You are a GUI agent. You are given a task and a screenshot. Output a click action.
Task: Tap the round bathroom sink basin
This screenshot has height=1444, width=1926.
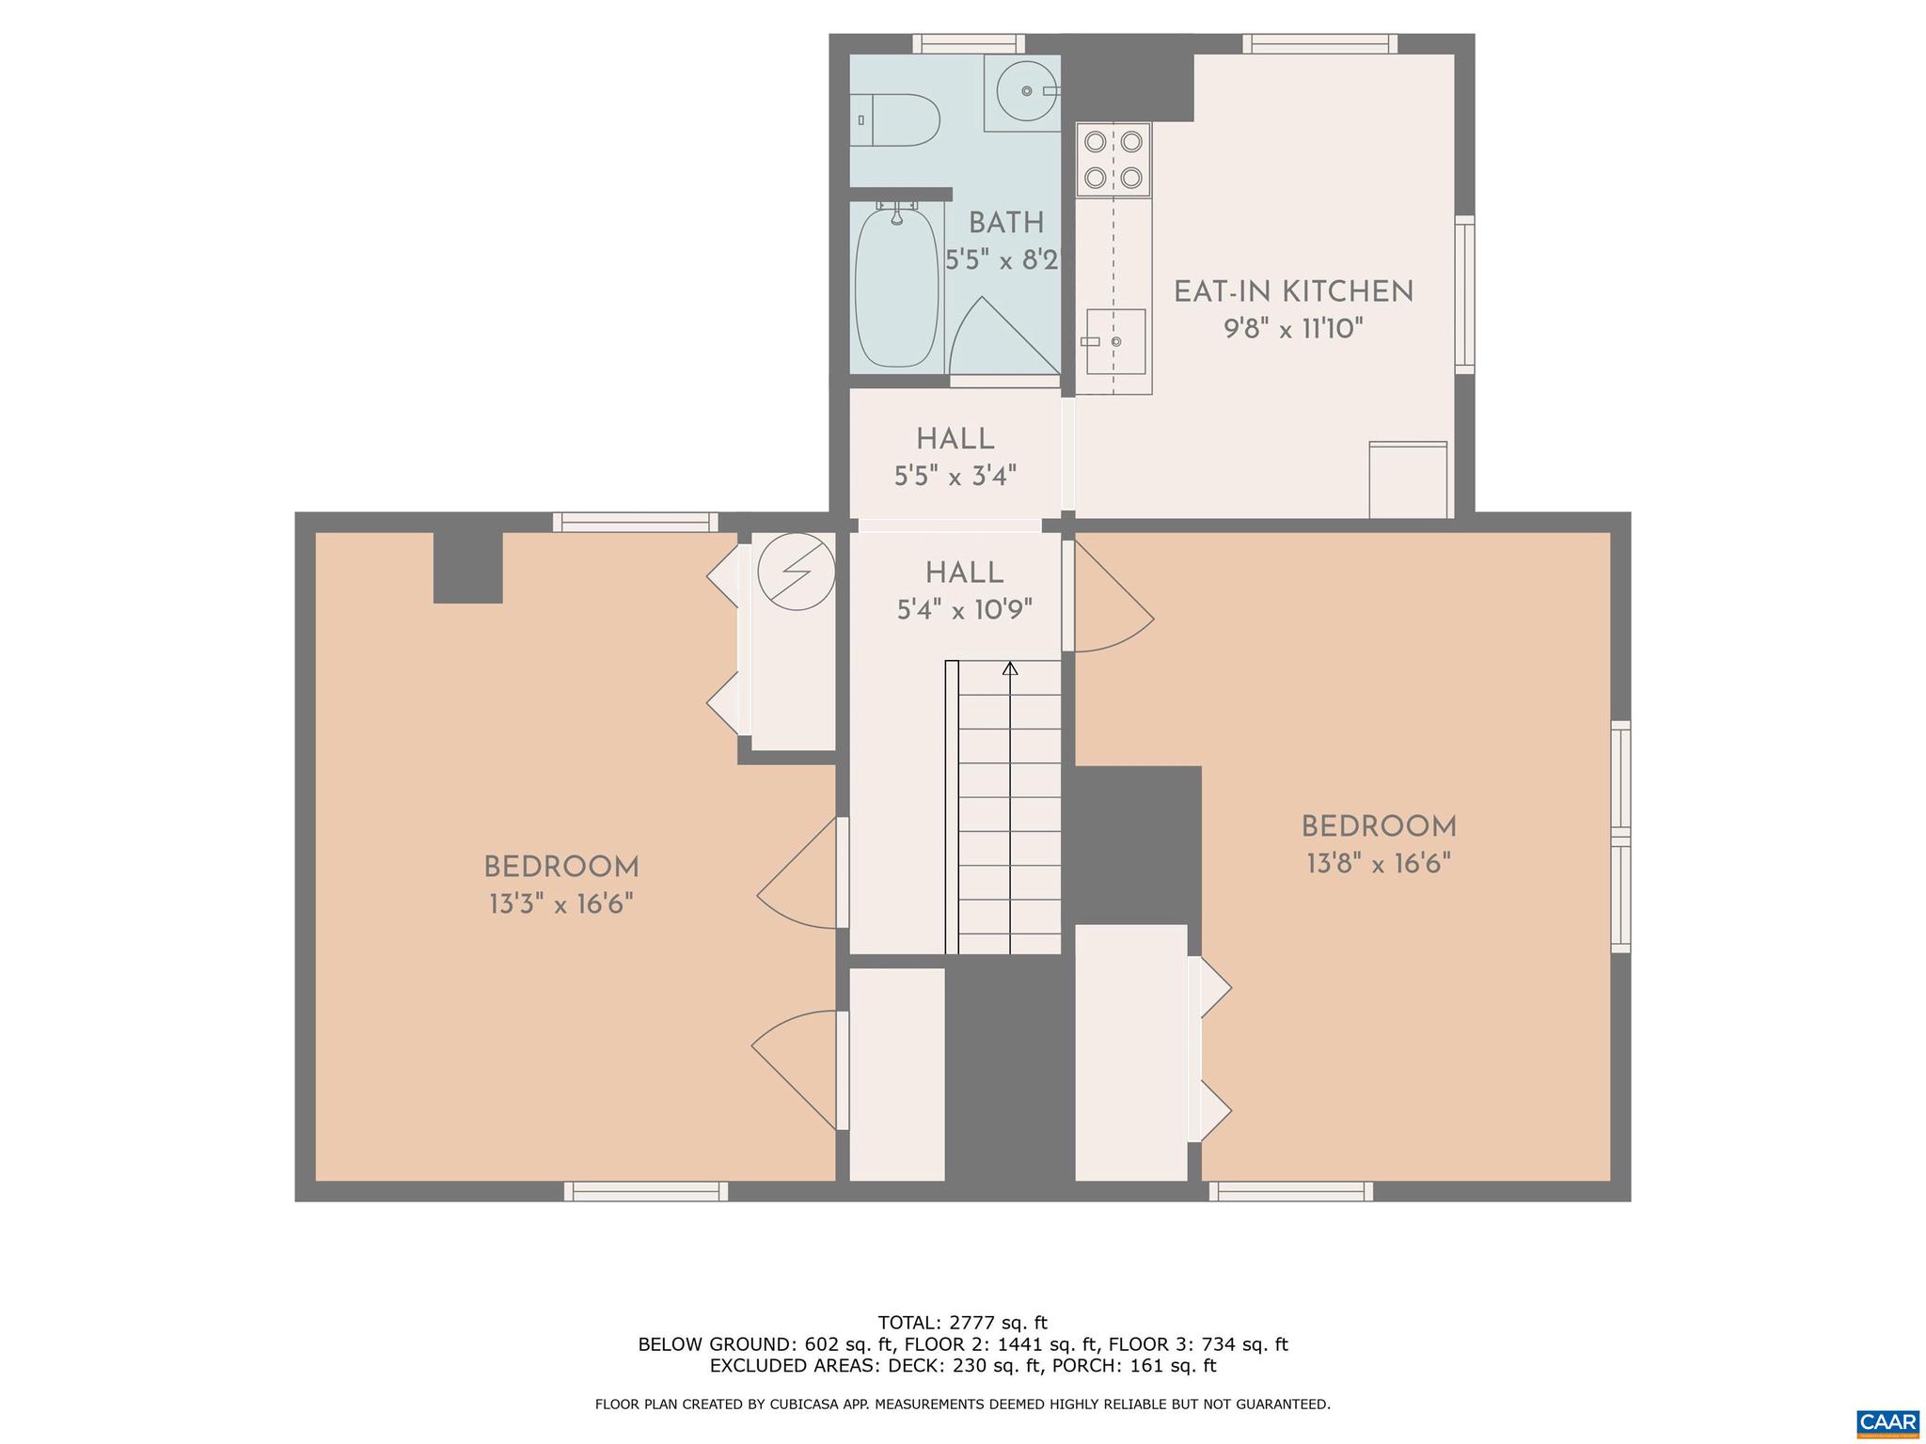(x=1026, y=90)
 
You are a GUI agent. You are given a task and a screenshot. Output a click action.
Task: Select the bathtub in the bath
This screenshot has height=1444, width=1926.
(x=897, y=287)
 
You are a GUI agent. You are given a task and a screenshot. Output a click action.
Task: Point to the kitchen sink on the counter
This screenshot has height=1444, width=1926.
(x=1115, y=341)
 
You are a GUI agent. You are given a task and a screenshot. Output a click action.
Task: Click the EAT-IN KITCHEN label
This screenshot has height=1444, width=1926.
(x=1293, y=291)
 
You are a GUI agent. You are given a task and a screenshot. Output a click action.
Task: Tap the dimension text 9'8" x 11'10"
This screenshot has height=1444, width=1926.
(x=1293, y=329)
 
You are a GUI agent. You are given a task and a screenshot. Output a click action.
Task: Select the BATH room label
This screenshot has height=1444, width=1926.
(x=1006, y=223)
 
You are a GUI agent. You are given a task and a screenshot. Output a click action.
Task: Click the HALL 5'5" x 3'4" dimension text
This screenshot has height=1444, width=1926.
(x=955, y=477)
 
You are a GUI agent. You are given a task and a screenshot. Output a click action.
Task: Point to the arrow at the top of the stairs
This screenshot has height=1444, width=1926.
(x=1010, y=668)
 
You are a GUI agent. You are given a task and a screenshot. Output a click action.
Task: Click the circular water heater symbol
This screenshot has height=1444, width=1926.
(x=797, y=572)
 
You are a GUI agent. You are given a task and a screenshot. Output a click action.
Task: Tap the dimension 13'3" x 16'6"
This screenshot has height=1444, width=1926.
(x=560, y=904)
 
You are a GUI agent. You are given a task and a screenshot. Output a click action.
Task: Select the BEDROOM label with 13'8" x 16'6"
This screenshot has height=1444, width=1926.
(x=1379, y=827)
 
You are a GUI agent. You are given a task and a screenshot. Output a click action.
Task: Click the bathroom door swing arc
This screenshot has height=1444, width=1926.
(x=1002, y=338)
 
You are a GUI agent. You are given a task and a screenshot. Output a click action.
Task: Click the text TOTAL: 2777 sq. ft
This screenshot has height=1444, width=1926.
(x=962, y=1323)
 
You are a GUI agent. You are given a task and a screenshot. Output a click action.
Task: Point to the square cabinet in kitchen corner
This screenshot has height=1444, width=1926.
(x=1408, y=479)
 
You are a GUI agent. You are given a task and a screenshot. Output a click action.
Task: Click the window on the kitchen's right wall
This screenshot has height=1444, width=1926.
(x=1464, y=294)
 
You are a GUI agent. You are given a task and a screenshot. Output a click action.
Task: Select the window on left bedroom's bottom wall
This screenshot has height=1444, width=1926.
(x=645, y=1191)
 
